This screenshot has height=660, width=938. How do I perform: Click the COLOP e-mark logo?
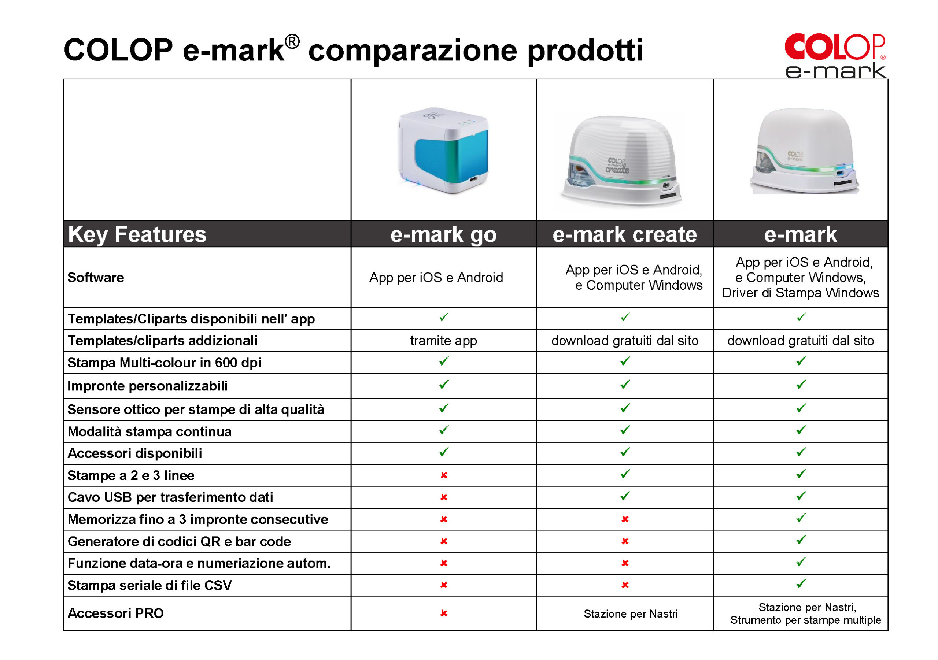[835, 56]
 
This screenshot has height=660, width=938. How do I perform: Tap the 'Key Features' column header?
[137, 234]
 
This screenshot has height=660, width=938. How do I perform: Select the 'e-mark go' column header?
[443, 235]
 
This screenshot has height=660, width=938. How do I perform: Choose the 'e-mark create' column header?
[624, 234]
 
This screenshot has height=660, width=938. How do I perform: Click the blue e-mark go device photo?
[443, 150]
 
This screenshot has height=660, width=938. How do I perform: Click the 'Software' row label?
[96, 277]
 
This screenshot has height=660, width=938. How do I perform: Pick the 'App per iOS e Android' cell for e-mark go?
[436, 277]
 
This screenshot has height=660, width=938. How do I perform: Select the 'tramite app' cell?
[443, 341]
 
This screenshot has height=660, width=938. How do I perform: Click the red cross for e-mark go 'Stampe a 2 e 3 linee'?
[444, 475]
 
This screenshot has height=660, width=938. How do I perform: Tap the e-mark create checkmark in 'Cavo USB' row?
[625, 496]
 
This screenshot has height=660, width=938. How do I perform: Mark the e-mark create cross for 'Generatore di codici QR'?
[625, 541]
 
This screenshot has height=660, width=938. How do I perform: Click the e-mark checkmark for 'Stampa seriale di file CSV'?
[801, 583]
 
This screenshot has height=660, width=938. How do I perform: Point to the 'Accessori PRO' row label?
[116, 613]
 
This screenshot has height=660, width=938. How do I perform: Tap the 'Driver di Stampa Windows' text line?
[800, 293]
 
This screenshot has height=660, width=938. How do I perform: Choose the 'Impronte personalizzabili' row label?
[148, 386]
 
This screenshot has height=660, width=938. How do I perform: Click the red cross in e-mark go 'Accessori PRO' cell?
[444, 613]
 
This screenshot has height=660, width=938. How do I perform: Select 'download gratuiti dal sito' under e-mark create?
[625, 341]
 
